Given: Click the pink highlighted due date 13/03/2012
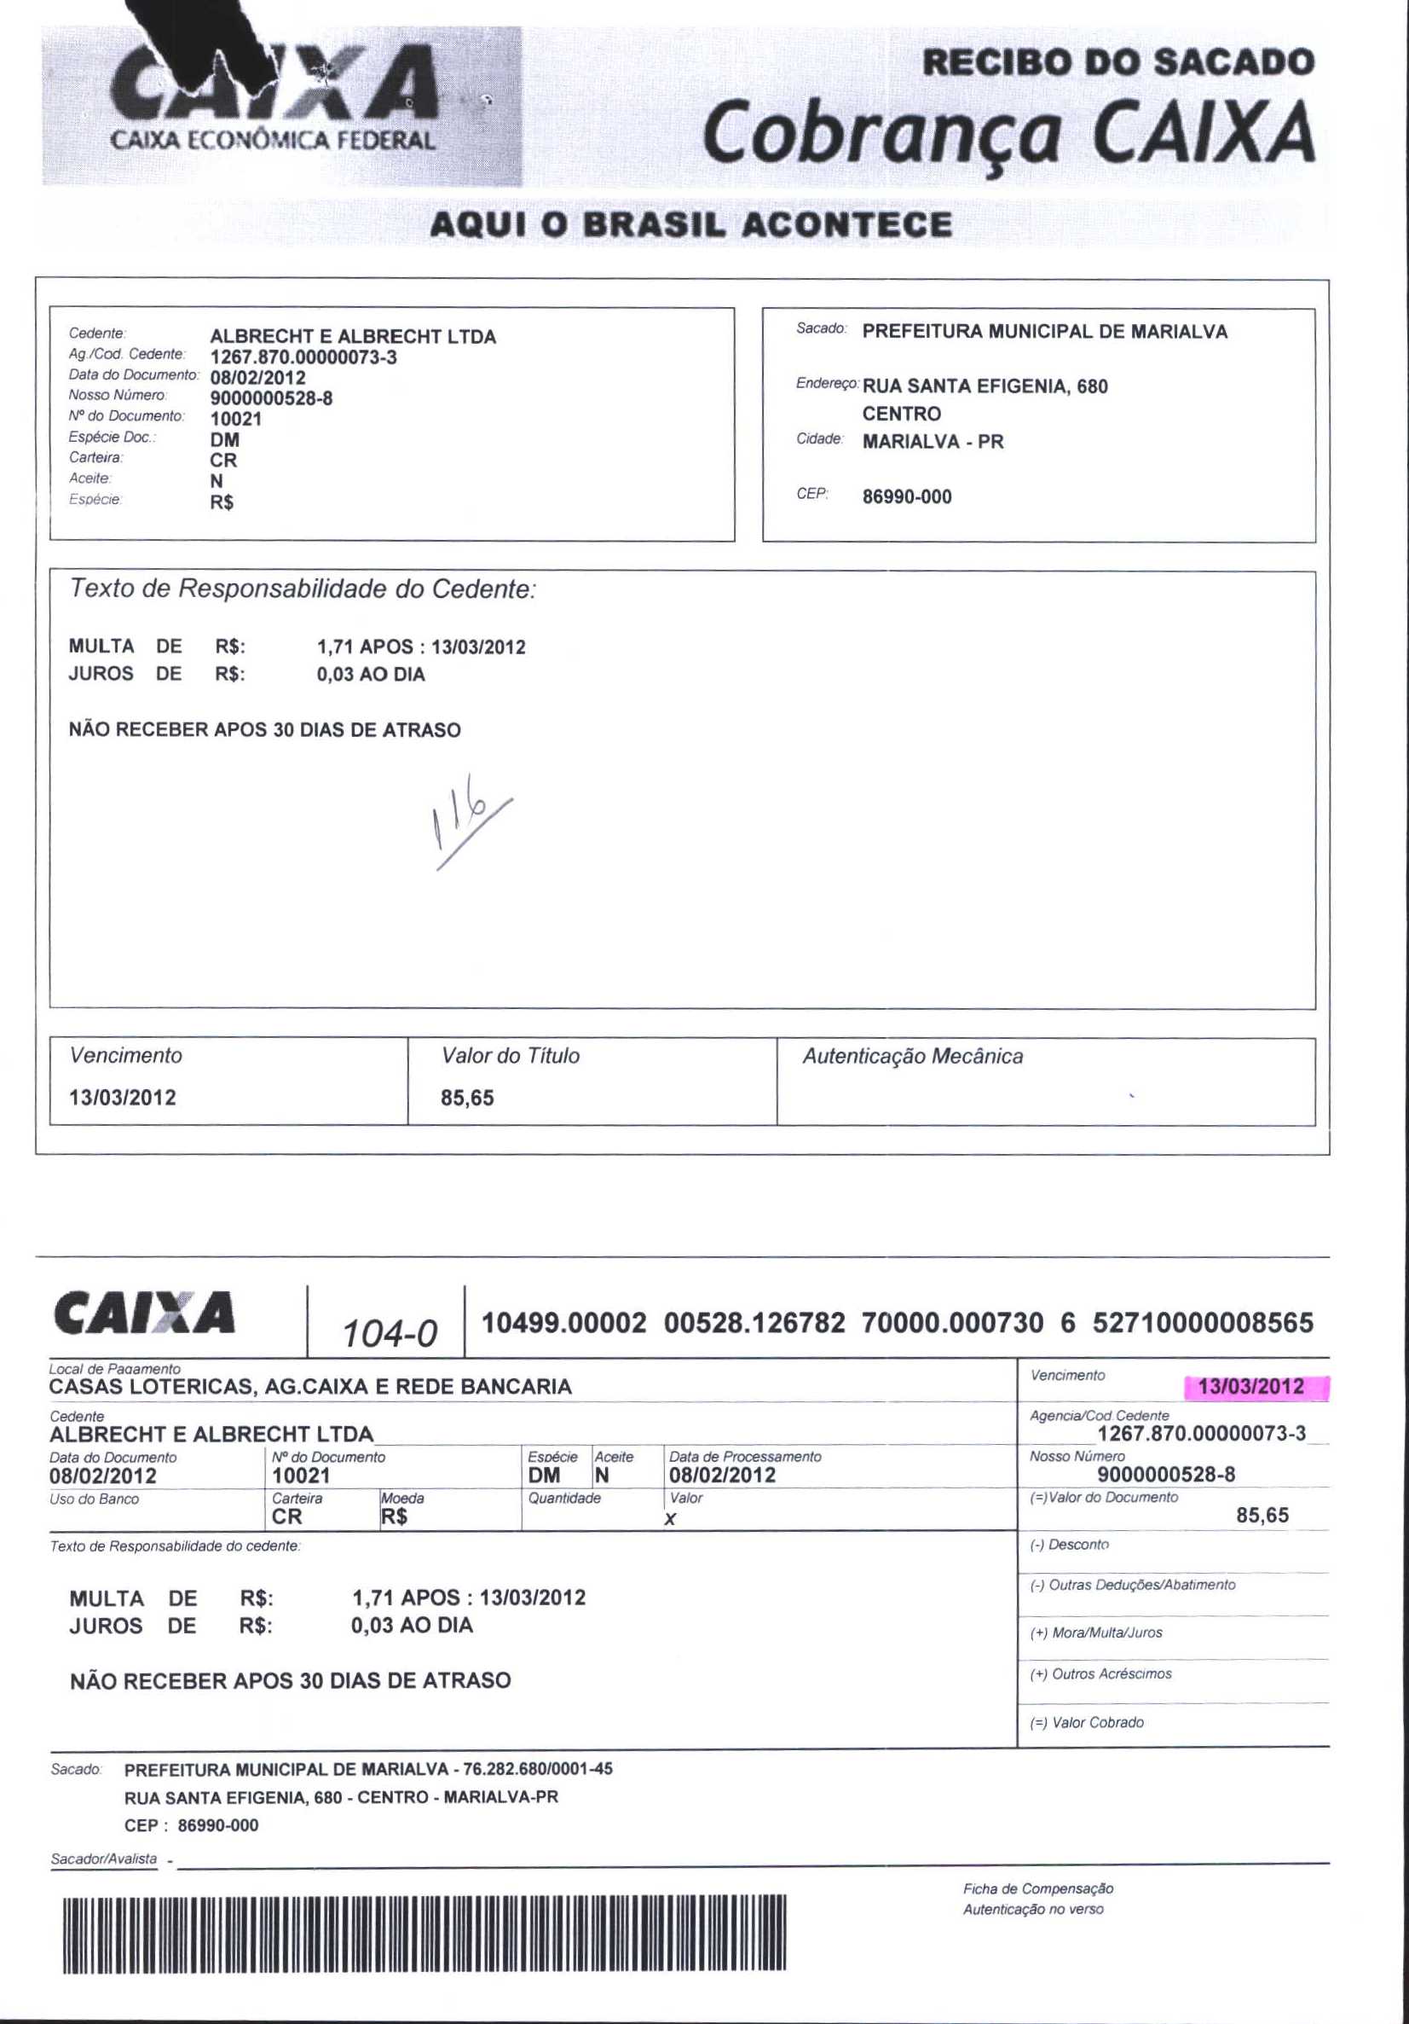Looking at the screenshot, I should pyautogui.click(x=1250, y=1387).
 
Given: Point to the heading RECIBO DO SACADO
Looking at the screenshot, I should pyautogui.click(x=1117, y=61).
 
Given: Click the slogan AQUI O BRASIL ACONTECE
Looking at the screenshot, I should pyautogui.click(x=690, y=224).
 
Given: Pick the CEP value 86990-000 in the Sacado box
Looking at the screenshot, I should pyautogui.click(x=907, y=497).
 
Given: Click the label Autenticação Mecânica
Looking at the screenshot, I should pyautogui.click(x=912, y=1056).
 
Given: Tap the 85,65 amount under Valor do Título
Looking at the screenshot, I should pyautogui.click(x=467, y=1099).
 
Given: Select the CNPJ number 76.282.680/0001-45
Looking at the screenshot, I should pyautogui.click(x=538, y=1768).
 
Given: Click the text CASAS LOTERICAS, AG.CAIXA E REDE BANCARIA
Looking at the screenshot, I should pyautogui.click(x=310, y=1387).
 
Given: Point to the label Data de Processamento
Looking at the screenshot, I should pyautogui.click(x=745, y=1457).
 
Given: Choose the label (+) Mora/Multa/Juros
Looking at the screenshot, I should pyautogui.click(x=1095, y=1633).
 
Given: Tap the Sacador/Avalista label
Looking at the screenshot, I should pyautogui.click(x=104, y=1859).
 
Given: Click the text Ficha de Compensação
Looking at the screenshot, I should pyautogui.click(x=1038, y=1888).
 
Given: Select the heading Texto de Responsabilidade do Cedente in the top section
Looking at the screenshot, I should pyautogui.click(x=303, y=589).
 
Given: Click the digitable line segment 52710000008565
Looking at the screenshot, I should pyautogui.click(x=1203, y=1323).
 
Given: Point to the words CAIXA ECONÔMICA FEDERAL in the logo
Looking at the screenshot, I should pyautogui.click(x=273, y=140).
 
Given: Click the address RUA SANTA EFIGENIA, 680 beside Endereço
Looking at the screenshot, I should pyautogui.click(x=985, y=386).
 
